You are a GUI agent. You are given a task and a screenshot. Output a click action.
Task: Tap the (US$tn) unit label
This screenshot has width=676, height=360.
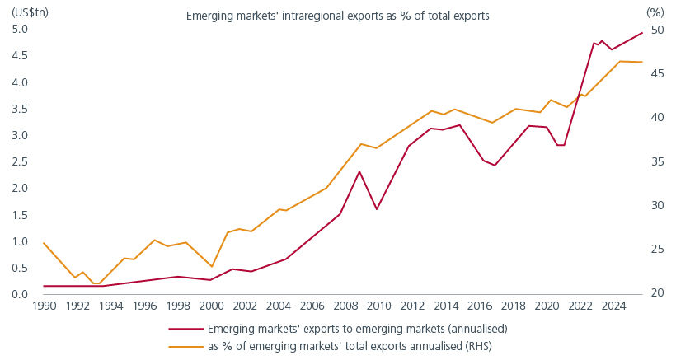coord(24,11)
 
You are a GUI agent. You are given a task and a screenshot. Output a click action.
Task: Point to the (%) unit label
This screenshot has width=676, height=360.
coord(655,11)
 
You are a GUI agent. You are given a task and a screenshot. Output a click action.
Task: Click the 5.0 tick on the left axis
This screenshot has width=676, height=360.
coord(20,30)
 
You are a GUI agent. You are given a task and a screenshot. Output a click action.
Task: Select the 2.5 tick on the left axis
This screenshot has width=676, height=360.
coord(20,162)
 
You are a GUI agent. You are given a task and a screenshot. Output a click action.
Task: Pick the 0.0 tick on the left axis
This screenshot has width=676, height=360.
coord(20,294)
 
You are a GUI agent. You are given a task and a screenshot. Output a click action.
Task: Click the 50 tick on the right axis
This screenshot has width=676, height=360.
coord(656,30)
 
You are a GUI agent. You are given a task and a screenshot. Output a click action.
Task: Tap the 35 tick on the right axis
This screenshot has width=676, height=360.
coord(656,162)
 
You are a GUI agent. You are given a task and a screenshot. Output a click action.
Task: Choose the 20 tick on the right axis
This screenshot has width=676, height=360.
coord(656,294)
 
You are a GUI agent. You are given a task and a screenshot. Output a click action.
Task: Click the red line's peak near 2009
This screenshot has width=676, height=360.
coord(360,171)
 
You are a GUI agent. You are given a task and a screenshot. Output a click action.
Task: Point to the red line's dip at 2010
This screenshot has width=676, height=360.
coord(377,209)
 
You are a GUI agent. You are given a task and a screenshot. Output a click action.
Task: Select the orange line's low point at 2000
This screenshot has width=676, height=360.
coord(211,267)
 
